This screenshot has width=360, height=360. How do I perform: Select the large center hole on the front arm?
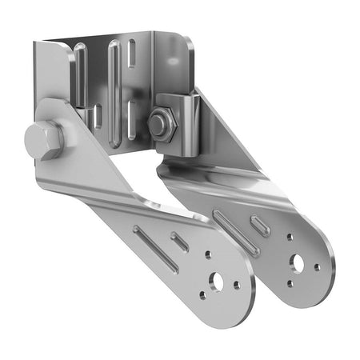pos(215,281)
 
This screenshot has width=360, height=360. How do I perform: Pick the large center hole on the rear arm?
pos(298,262)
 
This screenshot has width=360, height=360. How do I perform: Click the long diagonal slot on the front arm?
pos(155,249)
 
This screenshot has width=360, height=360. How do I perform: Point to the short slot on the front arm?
pos(180,242)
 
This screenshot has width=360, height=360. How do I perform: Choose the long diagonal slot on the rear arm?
pos(235,234)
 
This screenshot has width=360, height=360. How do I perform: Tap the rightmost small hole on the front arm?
pos(236,284)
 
